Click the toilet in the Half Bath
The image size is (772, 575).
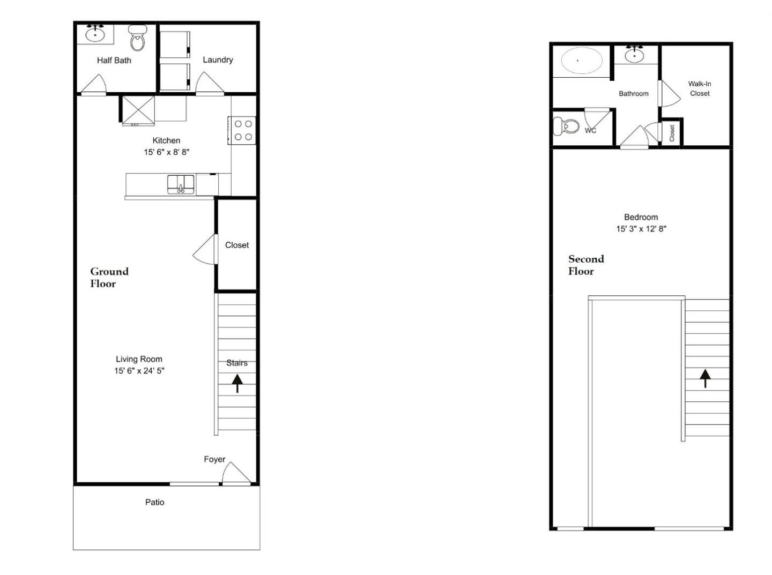138,39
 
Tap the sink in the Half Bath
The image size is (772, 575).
95,35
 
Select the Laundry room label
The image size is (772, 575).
218,59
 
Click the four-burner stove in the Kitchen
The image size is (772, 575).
243,130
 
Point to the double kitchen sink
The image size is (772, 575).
181,184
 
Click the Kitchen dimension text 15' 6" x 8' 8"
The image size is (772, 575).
166,152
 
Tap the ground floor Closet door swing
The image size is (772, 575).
206,250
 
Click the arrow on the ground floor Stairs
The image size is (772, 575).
237,383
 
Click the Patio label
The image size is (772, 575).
154,502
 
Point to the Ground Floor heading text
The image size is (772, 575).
109,277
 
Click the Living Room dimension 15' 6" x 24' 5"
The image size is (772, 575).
139,371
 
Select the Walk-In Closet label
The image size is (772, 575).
700,88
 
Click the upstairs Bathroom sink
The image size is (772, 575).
635,55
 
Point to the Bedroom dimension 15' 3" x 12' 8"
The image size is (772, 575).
641,229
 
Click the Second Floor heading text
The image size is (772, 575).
585,265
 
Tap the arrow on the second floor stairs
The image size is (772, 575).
706,378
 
